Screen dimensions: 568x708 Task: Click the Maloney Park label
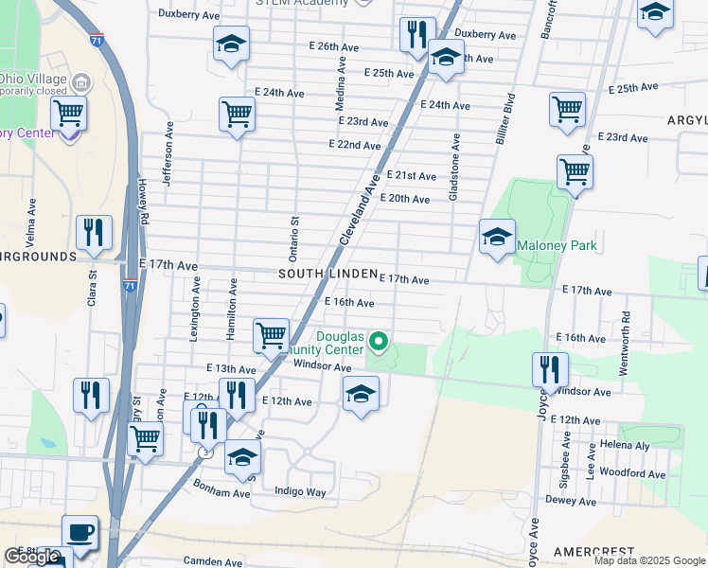[557, 246]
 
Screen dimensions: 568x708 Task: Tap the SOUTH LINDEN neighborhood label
[327, 274]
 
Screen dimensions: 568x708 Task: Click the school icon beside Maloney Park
[497, 239]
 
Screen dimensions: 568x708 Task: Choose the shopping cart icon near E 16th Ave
[272, 335]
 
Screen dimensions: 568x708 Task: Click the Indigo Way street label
[300, 492]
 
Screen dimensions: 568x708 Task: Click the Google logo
[32, 556]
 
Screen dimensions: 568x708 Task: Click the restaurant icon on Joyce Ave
[549, 369]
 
